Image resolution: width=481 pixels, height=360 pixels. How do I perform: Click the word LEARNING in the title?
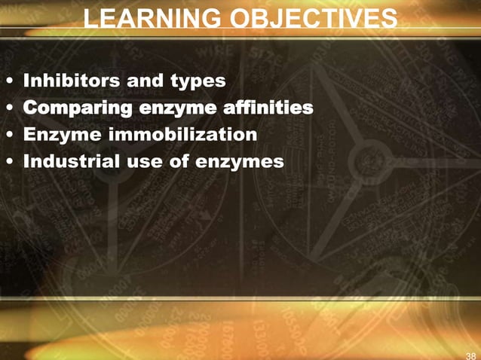(x=146, y=18)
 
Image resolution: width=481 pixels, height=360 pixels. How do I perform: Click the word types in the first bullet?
(x=198, y=79)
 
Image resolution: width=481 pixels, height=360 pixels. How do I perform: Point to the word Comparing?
(x=76, y=108)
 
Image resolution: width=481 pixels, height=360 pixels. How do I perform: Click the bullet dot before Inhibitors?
(x=9, y=81)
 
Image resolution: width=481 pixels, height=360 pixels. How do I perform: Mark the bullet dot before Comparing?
(x=9, y=108)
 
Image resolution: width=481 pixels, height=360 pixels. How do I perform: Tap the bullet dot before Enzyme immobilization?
(x=9, y=136)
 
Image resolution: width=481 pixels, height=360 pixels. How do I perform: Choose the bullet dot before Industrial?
(x=9, y=163)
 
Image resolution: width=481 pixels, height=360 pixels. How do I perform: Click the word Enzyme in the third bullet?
(x=57, y=135)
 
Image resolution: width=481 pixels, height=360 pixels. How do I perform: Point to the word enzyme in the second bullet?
(x=179, y=108)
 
